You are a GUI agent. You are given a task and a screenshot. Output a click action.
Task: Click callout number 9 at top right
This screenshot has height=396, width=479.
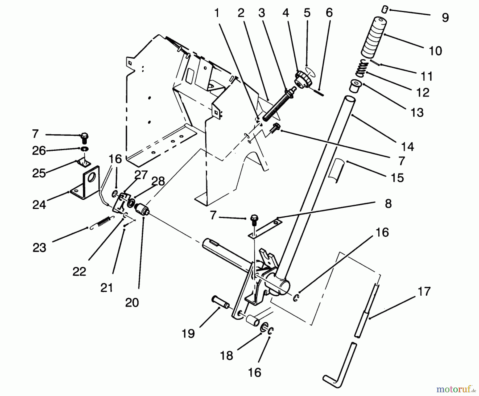(445, 18)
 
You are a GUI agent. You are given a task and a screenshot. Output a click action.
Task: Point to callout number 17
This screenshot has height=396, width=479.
(424, 291)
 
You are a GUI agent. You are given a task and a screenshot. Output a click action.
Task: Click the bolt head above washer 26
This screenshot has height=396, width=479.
(84, 137)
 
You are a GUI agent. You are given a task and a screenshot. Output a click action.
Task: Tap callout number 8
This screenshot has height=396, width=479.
(388, 204)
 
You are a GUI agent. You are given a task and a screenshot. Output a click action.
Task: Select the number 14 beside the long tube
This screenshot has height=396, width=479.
(407, 147)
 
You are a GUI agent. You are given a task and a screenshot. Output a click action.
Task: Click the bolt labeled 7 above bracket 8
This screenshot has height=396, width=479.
(253, 220)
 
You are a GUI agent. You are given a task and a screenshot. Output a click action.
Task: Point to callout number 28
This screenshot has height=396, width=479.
(158, 181)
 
